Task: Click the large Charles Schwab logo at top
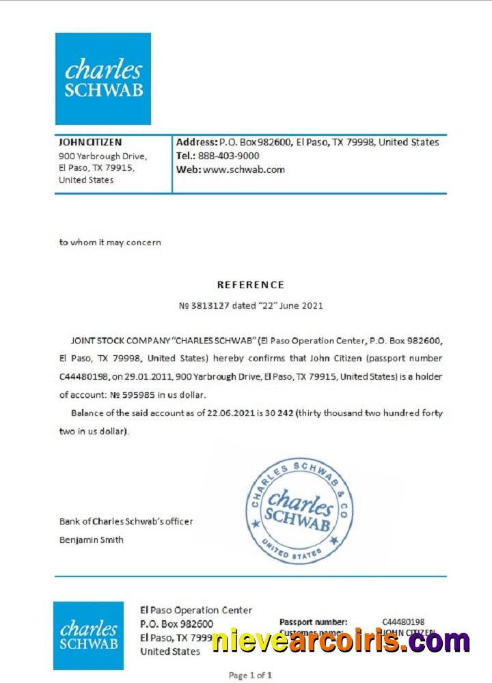coord(102,79)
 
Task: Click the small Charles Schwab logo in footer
coord(88,635)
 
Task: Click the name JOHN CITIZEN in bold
coord(91,142)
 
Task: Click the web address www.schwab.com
coord(243,169)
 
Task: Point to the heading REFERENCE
coord(251,285)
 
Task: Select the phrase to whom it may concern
coord(110,242)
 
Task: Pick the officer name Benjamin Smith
coord(92,540)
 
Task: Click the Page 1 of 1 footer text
coord(251,675)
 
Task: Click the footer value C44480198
coord(403,622)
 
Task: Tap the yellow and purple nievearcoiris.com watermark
coord(340,641)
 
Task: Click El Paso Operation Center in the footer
coord(196,610)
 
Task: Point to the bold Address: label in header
coord(197,142)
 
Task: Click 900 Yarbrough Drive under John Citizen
coord(102,156)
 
